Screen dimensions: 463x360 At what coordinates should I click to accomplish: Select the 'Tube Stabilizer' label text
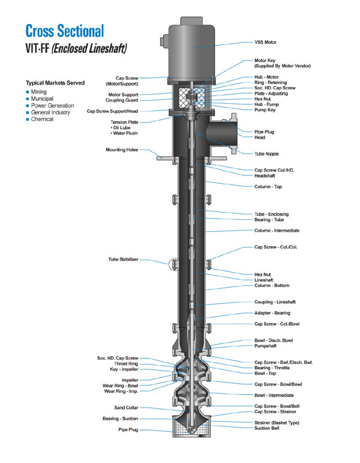point(122,260)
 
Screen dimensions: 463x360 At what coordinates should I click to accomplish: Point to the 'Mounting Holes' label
point(122,150)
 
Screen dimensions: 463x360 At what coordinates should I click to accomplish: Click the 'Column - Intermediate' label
point(277,230)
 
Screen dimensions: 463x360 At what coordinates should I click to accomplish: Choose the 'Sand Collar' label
point(124,408)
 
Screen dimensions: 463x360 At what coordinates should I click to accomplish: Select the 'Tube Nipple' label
point(269,154)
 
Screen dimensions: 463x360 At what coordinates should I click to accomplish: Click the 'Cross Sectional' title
point(65,31)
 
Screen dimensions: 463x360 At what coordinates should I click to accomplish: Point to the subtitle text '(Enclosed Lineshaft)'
point(97,49)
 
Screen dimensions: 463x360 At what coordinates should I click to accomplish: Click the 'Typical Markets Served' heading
point(55,82)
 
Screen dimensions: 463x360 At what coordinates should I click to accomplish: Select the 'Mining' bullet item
point(39,92)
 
